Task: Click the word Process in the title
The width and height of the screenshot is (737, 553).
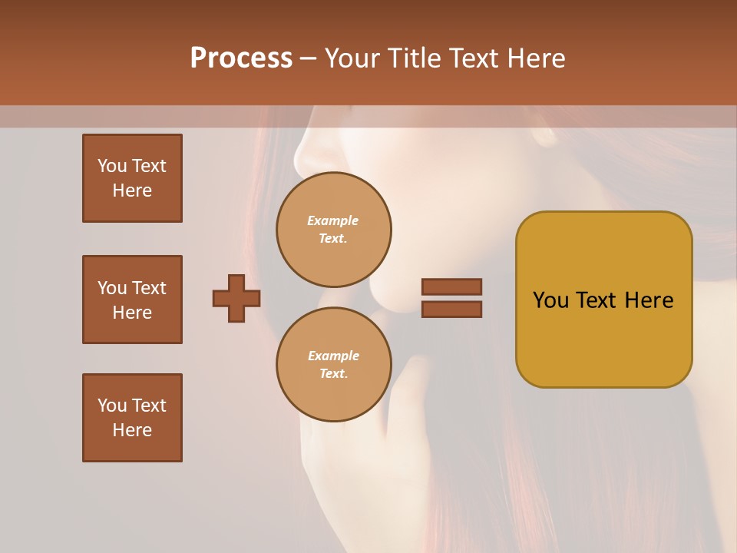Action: click(241, 58)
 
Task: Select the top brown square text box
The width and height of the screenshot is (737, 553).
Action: click(132, 178)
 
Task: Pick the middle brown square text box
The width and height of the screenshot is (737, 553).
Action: click(132, 300)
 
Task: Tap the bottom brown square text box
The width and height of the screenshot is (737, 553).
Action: click(132, 418)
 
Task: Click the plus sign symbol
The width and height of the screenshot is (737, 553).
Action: click(236, 299)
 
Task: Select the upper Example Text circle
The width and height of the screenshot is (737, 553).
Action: click(333, 229)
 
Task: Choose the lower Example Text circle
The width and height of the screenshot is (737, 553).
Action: click(333, 364)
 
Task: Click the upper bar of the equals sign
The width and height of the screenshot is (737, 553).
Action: click(451, 286)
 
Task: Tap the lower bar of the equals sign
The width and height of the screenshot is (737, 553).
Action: click(451, 310)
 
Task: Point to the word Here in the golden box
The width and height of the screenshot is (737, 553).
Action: click(649, 300)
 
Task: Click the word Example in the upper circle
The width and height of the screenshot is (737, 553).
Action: click(333, 220)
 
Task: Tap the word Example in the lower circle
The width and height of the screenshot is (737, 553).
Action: click(333, 356)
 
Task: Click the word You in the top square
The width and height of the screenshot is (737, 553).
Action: click(112, 166)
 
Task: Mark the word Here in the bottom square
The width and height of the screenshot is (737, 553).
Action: click(132, 430)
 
